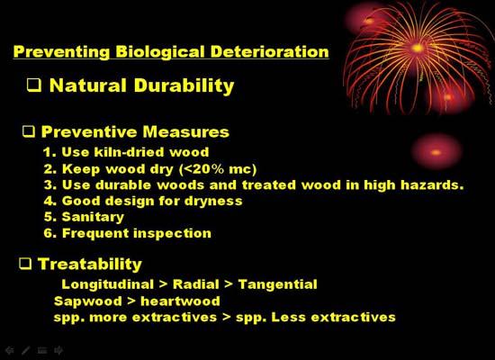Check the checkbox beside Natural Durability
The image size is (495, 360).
[34, 85]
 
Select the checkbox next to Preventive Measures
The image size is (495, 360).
[29, 131]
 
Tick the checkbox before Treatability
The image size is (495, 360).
[25, 264]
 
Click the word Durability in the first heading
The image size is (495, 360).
[184, 85]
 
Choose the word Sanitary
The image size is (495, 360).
[93, 217]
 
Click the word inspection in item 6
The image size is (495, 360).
[173, 234]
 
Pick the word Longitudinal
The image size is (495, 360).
[107, 284]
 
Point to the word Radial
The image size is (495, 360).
[195, 284]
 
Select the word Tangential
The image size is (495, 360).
[278, 284]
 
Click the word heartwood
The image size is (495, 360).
[180, 301]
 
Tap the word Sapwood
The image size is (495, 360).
[88, 301]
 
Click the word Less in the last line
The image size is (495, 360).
[288, 317]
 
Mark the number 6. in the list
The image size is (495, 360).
[50, 233]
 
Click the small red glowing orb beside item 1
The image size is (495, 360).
[436, 152]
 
